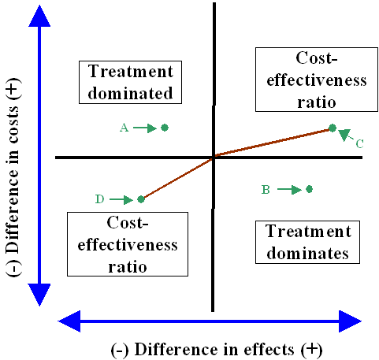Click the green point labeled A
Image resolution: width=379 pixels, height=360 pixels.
165,127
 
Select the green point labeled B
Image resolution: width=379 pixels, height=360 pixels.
309,189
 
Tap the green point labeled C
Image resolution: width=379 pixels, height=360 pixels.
333,128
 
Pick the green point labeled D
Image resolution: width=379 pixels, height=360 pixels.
141,199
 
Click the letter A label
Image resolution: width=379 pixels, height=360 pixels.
124,127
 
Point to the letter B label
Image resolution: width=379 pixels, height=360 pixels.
266,189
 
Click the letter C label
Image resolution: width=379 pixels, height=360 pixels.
359,143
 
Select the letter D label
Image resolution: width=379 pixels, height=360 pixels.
99,199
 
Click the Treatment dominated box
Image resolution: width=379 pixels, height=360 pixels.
132,81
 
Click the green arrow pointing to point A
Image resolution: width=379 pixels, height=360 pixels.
145,127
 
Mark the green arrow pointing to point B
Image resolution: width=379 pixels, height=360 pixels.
288,189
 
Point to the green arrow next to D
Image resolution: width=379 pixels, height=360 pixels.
121,199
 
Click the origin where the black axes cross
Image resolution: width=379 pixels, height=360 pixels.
214,158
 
